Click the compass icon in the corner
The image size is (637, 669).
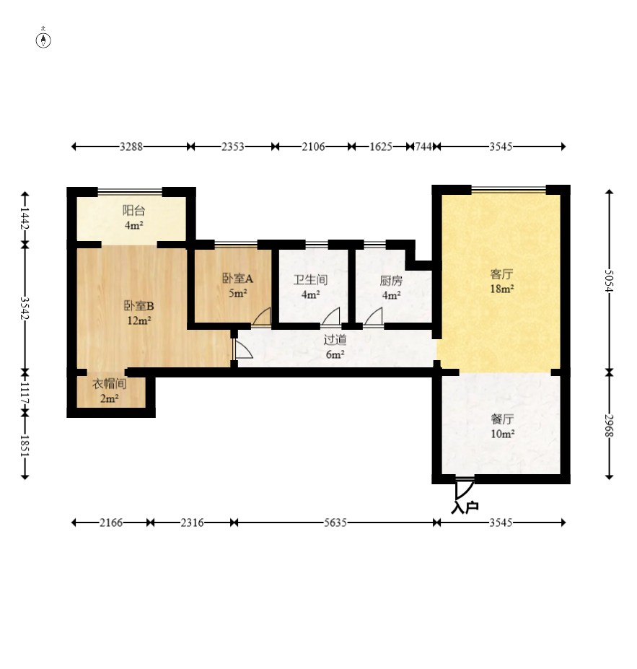43,39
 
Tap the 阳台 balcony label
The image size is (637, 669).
134,210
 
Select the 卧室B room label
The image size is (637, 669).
139,306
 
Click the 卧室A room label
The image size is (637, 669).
237,279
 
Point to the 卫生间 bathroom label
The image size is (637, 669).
310,280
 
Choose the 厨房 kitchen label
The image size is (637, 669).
391,281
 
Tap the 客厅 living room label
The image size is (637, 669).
501,274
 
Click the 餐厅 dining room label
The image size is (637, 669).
502,419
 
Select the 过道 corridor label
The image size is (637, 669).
335,340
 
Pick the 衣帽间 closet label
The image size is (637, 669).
109,383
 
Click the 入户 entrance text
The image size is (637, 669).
465,507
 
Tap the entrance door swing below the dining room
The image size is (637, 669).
464,489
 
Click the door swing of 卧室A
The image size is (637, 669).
261,317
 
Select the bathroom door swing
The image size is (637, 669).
330,317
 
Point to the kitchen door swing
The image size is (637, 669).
373,317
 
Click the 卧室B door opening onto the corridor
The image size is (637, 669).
242,349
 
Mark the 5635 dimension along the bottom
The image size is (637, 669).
335,522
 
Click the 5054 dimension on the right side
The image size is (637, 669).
610,281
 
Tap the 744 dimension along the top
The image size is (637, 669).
423,147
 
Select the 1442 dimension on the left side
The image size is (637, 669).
25,219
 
